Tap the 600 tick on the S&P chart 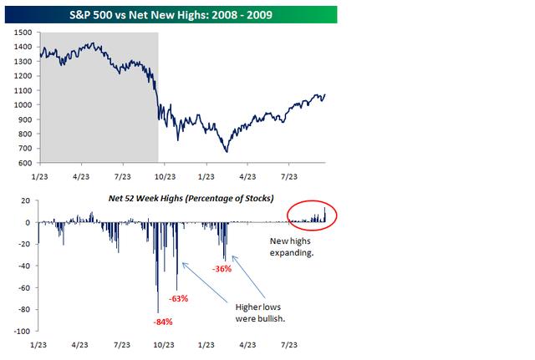click(x=24, y=163)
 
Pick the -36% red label click(x=222, y=269)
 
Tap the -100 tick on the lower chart click(x=21, y=332)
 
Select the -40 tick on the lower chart click(x=23, y=266)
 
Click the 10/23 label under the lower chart click(x=164, y=343)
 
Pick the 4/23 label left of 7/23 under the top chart click(x=81, y=177)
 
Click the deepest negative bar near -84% click(x=158, y=310)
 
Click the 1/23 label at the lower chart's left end click(x=38, y=343)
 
